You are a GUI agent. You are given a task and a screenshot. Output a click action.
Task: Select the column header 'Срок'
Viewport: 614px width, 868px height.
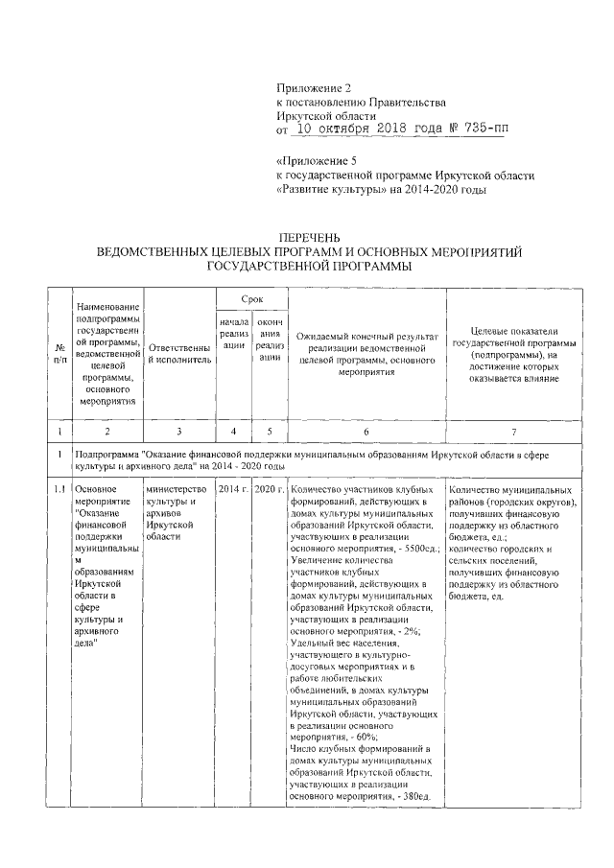250,300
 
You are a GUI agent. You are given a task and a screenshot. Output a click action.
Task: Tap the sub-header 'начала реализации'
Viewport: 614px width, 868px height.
233,340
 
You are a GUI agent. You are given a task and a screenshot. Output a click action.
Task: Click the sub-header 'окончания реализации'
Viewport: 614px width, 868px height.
268,340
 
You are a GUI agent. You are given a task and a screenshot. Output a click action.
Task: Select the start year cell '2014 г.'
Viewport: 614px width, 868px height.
233,489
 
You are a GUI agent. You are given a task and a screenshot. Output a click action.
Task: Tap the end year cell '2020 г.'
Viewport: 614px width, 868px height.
268,489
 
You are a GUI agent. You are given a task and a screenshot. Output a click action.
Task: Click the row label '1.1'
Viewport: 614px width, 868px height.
59,489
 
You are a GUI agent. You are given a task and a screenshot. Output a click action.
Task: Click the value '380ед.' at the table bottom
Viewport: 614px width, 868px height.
417,796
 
